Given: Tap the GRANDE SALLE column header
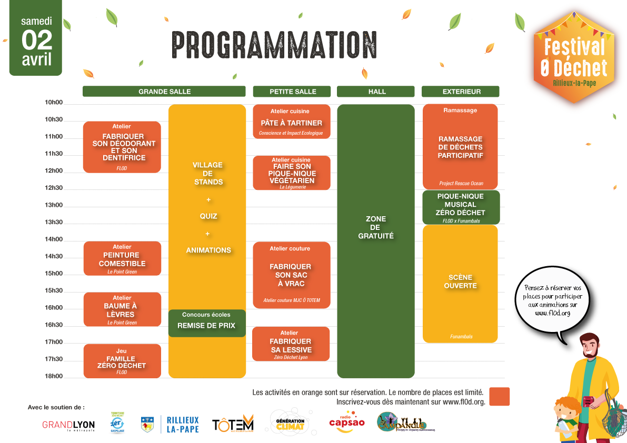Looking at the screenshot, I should coord(164,92).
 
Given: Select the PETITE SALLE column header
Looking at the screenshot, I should coord(292,92).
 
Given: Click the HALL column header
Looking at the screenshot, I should coord(376,92).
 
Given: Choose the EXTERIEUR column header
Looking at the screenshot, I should coord(461,92).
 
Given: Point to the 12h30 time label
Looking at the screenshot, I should coord(54,188).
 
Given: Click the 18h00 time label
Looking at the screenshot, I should coord(54,376).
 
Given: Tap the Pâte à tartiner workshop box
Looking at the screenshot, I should coord(292,122).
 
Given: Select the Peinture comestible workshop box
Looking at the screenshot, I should coord(122,258).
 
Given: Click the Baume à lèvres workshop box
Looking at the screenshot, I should coord(122,309).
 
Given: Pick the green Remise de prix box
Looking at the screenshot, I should coord(207,323).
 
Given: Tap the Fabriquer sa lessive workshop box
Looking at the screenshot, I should coord(291,344).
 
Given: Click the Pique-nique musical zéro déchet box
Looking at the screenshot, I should coord(461,207).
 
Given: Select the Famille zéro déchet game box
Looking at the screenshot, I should coord(122,361).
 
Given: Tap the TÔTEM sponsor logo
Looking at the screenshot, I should coord(233,424).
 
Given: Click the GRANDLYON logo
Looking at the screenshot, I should coord(68,425).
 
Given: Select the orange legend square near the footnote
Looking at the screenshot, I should coord(499,397).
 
